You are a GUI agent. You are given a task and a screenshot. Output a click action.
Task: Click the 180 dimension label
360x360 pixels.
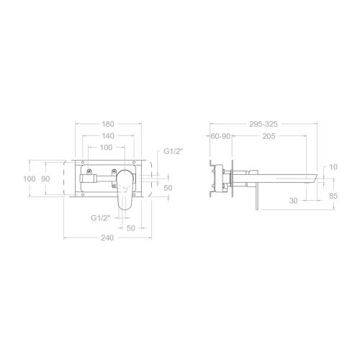108,124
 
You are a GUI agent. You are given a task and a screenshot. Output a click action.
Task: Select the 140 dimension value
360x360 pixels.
108,136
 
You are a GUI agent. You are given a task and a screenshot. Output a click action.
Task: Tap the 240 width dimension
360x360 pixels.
107,238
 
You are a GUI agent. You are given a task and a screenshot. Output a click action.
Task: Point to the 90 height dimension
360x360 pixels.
45,179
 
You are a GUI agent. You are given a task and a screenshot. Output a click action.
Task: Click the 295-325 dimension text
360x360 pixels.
264,124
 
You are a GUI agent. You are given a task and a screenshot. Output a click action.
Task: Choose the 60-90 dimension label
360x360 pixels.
220,136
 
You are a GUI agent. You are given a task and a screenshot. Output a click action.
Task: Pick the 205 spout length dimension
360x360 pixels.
269,136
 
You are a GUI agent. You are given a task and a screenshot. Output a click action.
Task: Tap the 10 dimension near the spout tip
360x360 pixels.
333,167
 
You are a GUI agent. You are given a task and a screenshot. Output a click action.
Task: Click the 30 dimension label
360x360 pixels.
293,201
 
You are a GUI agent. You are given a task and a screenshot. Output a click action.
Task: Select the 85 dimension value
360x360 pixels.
333,196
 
